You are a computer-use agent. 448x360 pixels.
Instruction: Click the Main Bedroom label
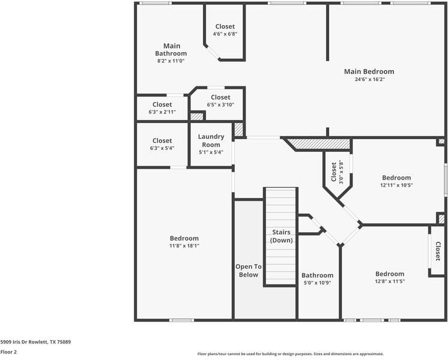pyautogui.click(x=369, y=71)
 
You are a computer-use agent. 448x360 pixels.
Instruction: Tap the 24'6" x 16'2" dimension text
pyautogui.click(x=370, y=79)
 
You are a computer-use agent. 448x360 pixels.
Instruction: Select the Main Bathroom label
pyautogui.click(x=171, y=50)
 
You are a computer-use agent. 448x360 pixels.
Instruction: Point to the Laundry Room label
pyautogui.click(x=211, y=140)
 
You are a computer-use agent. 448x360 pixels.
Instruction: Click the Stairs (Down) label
pyautogui.click(x=282, y=236)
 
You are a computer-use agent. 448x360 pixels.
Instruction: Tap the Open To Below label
pyautogui.click(x=248, y=271)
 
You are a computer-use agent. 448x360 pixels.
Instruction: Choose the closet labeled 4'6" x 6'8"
pyautogui.click(x=225, y=29)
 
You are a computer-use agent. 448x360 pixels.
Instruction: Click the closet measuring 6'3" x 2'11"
pyautogui.click(x=162, y=108)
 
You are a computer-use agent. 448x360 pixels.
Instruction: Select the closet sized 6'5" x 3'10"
pyautogui.click(x=220, y=100)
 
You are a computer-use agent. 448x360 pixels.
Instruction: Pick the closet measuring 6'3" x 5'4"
pyautogui.click(x=162, y=144)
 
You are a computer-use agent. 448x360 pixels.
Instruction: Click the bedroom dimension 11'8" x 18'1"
pyautogui.click(x=184, y=246)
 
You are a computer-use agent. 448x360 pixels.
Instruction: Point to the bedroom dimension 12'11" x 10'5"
pyautogui.click(x=396, y=185)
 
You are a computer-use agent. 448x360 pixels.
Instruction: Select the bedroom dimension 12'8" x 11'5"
pyautogui.click(x=390, y=281)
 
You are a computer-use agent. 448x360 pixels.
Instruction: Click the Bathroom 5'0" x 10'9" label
pyautogui.click(x=317, y=278)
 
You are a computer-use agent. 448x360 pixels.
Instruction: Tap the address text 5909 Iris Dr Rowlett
pyautogui.click(x=23, y=342)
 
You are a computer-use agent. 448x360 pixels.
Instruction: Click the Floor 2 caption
pyautogui.click(x=8, y=352)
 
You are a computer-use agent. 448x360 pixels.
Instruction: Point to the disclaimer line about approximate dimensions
pyautogui.click(x=291, y=354)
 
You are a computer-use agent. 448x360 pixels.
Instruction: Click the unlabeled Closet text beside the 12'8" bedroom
pyautogui.click(x=437, y=251)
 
